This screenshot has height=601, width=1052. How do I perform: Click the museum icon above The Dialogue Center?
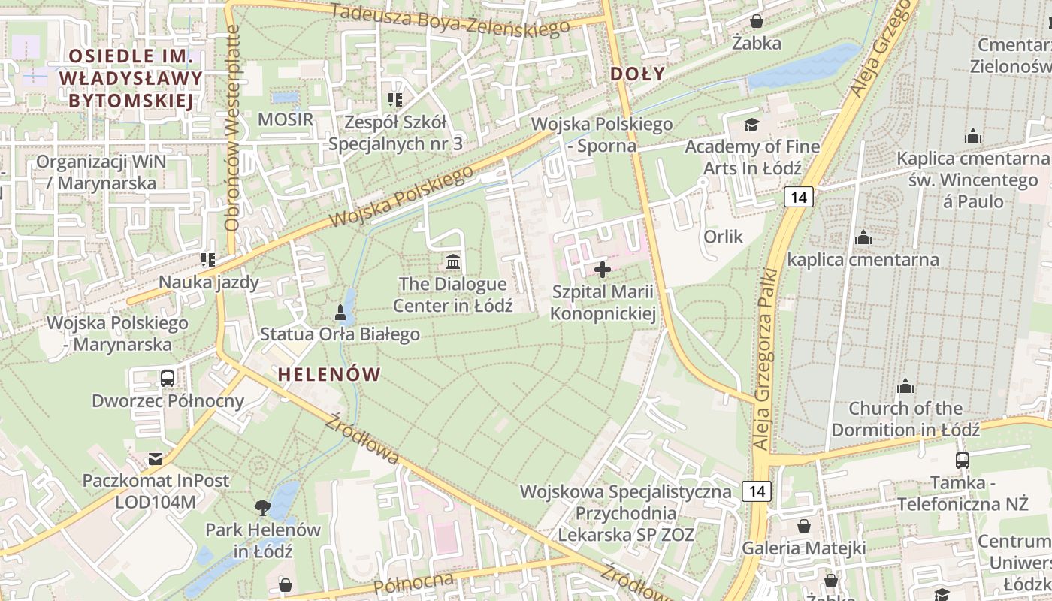pos(453,261)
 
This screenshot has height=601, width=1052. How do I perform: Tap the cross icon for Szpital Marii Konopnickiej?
pos(603,269)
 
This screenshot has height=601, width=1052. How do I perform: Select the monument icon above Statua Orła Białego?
pos(340,311)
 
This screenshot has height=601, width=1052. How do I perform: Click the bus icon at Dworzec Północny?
pos(168,378)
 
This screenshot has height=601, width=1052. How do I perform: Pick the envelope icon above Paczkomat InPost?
pos(156,458)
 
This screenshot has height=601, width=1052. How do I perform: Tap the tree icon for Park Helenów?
pos(262,507)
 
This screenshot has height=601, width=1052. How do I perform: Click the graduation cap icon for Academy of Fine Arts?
pos(751,124)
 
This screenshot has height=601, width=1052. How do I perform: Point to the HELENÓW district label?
pos(330,374)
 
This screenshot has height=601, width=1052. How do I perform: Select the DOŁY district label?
pos(637,74)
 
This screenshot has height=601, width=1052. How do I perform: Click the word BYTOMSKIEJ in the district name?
pos(131,101)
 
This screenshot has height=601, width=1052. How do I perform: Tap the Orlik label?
pos(723,237)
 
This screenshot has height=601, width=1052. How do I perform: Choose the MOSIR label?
pos(285,119)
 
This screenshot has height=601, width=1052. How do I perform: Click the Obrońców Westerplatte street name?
pos(232,128)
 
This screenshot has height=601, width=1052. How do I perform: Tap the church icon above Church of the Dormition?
pos(905,386)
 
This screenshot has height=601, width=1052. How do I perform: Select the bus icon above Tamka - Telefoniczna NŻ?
pos(962,460)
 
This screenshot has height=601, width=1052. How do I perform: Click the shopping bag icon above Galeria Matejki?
pos(804,525)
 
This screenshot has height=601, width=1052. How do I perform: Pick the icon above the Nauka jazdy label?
pos(208,260)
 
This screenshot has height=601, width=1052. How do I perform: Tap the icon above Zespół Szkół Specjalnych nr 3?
pos(394,99)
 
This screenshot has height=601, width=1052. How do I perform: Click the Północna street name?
pos(414,583)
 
